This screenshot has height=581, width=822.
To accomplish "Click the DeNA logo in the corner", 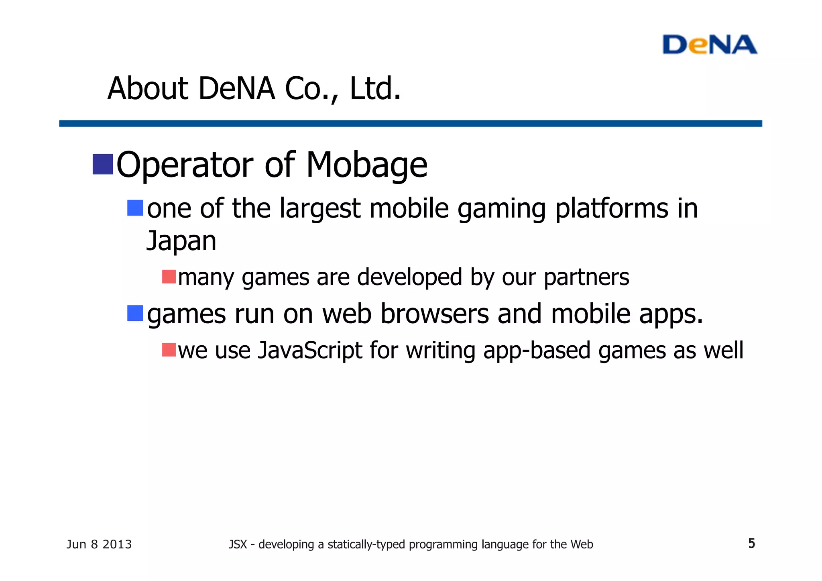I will (x=709, y=45).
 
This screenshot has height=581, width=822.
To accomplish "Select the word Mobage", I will (x=366, y=165).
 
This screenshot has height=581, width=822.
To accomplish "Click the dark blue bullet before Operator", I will (x=103, y=164).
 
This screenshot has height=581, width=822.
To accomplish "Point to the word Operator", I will (x=185, y=165).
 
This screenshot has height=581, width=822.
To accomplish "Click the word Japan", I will (x=181, y=241).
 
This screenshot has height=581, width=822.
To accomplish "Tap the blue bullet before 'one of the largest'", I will (x=135, y=208).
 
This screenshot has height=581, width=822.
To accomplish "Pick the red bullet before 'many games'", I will (x=169, y=277).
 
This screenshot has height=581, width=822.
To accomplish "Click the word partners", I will (x=586, y=277).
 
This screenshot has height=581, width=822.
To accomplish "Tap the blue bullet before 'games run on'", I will (x=135, y=313).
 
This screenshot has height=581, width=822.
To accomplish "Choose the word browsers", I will (x=435, y=314).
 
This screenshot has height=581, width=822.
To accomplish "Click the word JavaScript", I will (x=310, y=350).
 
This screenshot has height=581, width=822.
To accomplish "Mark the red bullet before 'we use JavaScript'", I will (x=169, y=350).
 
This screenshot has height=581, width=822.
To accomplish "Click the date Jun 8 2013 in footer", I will (x=99, y=544).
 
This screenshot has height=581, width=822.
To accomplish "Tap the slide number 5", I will (x=751, y=543).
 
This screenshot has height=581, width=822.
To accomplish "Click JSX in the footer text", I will (x=238, y=544).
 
